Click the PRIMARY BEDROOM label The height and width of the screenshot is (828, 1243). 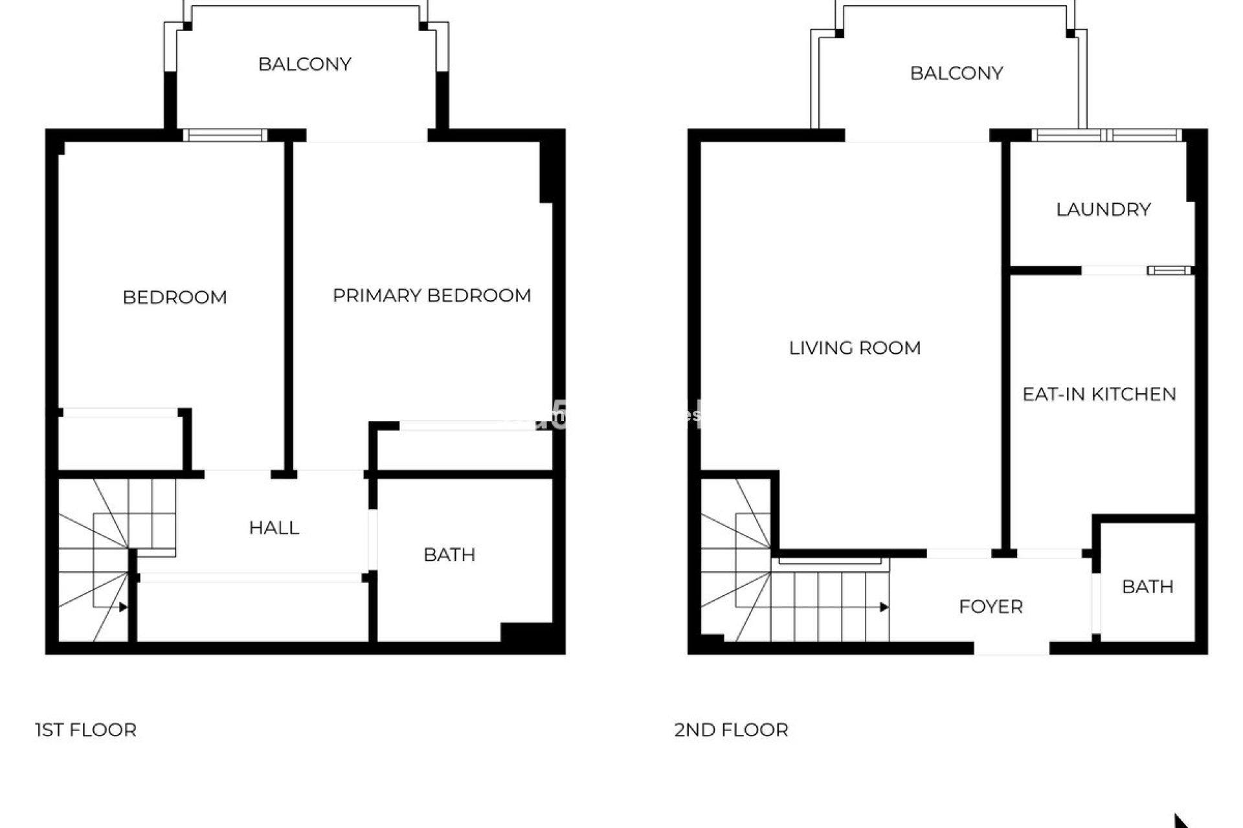(432, 296)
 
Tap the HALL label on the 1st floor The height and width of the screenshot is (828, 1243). (274, 528)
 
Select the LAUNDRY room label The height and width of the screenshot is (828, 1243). (1103, 210)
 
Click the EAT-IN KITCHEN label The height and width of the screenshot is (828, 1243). (1099, 394)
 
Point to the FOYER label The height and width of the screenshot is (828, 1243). (991, 607)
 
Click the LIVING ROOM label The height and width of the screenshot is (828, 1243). (855, 348)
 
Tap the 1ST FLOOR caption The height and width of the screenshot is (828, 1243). (85, 730)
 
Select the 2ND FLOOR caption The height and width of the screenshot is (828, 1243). (731, 730)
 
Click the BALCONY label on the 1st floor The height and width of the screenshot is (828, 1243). (304, 64)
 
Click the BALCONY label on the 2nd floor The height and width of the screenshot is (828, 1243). (956, 73)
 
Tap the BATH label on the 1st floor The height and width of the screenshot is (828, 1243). (449, 555)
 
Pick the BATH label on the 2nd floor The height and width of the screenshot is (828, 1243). (1147, 587)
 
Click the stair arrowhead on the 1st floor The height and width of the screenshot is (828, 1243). (124, 607)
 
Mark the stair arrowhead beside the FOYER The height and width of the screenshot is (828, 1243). (884, 607)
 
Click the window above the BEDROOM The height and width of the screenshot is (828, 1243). (225, 135)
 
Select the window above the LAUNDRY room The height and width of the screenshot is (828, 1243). (1106, 135)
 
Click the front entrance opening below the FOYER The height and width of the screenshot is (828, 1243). (1011, 648)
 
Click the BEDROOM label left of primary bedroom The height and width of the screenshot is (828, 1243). (175, 298)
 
